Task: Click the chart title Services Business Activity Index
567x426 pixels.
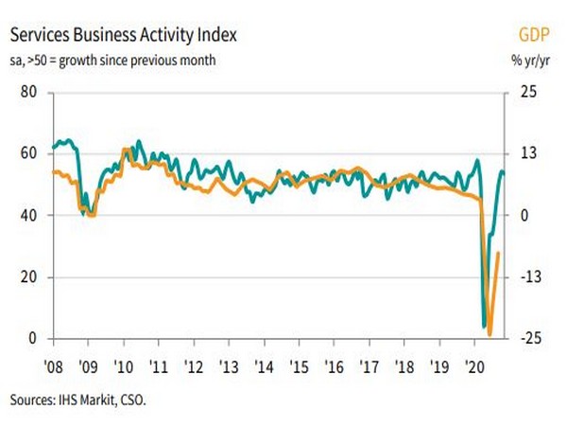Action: pos(124,36)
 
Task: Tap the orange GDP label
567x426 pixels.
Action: pos(534,36)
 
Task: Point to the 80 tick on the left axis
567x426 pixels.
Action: pos(27,93)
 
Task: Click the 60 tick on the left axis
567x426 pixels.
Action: pos(27,153)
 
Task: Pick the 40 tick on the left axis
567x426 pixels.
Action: pos(27,216)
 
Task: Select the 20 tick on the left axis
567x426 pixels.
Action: pos(27,277)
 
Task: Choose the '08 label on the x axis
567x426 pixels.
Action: pos(54,366)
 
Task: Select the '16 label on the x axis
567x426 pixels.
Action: pos(333,366)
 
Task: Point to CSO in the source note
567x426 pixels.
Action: pos(135,399)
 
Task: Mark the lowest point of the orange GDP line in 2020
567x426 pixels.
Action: pos(490,334)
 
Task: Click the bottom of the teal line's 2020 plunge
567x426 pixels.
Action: pos(484,326)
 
